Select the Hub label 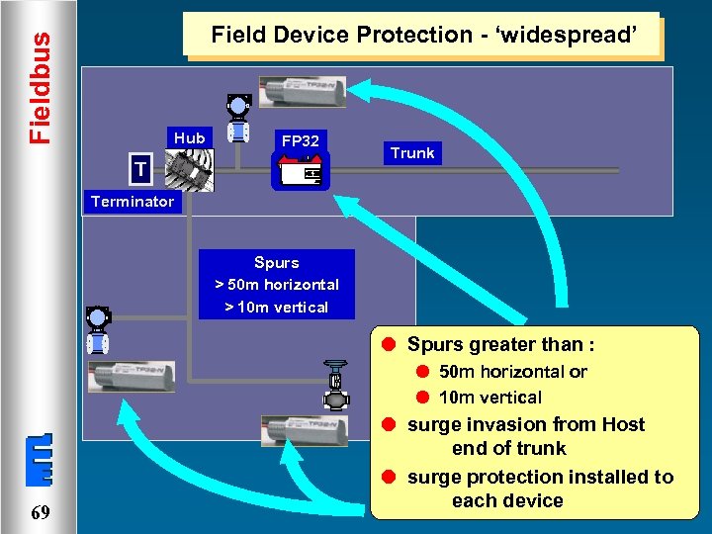[x=189, y=138]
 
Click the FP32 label [x=300, y=141]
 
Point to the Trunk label [x=412, y=153]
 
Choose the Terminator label [x=132, y=202]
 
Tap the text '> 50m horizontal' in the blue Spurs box [x=276, y=285]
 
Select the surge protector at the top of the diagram [x=303, y=90]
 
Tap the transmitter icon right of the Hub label [x=237, y=120]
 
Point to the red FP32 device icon [x=300, y=172]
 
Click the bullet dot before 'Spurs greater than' [x=390, y=345]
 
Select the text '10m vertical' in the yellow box [x=489, y=398]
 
